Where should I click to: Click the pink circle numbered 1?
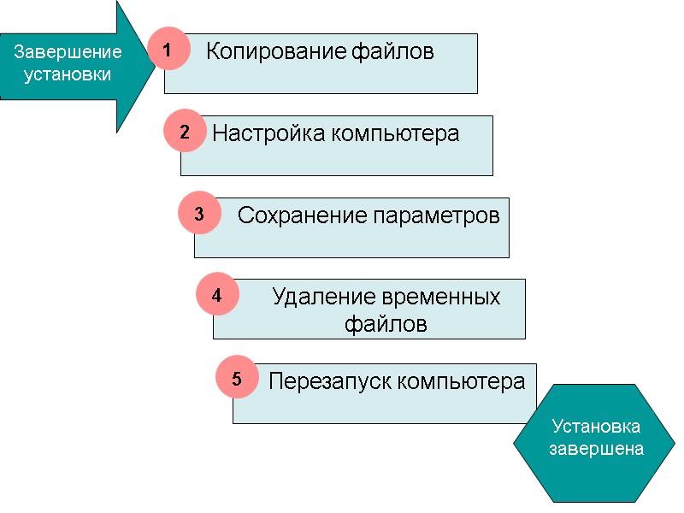168,51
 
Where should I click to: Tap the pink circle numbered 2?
185,133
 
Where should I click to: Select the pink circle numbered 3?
199,214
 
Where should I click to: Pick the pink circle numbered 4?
217,296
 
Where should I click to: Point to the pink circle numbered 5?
237,380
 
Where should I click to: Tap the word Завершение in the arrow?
68,52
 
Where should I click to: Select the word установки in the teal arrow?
68,74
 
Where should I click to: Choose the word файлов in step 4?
386,325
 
